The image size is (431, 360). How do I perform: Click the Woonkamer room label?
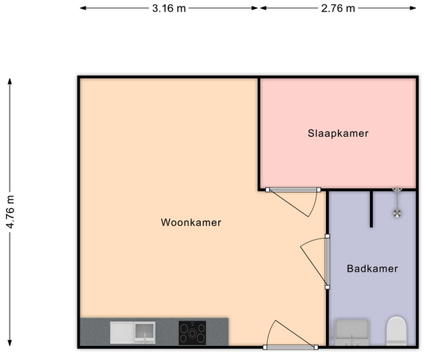tap(191, 222)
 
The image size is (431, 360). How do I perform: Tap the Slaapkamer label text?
tap(338, 133)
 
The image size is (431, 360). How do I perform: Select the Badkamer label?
tap(372, 269)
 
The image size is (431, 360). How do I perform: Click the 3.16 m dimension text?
tap(169, 8)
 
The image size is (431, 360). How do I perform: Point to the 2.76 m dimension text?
tap(338, 8)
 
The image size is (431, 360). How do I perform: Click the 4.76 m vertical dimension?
tap(10, 212)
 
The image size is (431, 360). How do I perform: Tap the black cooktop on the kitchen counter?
tap(192, 332)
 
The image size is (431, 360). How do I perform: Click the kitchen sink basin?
tap(144, 332)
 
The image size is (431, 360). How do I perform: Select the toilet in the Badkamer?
tap(396, 331)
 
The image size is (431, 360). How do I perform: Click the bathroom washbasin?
tap(352, 332)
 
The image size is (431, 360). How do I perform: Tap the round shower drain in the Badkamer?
tap(397, 213)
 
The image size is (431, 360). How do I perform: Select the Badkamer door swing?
tap(313, 261)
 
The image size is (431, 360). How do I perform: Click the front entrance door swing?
tap(290, 334)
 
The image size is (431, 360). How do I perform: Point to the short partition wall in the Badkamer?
tap(371, 209)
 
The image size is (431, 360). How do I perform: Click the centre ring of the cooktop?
tap(192, 334)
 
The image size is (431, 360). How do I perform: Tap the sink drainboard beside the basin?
tap(122, 332)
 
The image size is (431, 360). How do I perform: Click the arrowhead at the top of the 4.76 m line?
tap(10, 81)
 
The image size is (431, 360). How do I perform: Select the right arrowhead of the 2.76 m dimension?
tap(413, 8)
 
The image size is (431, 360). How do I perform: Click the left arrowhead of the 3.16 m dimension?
tap(83, 8)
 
